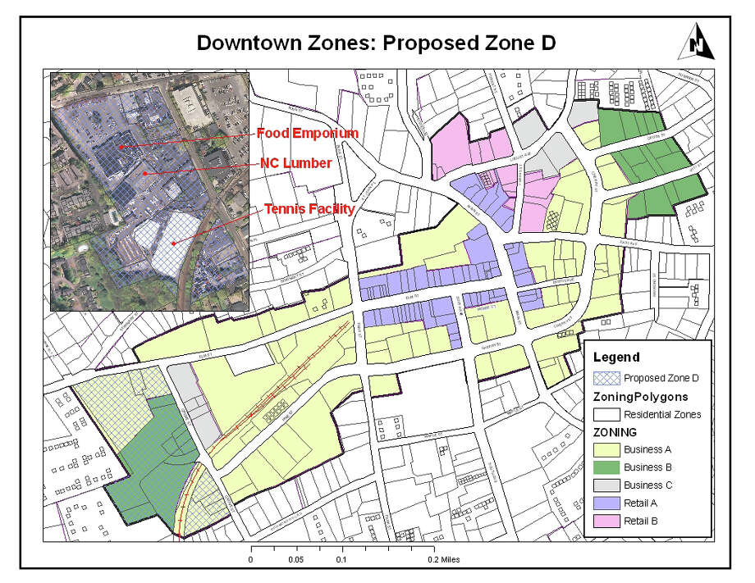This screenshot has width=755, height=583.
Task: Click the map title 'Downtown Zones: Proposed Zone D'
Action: tap(377, 43)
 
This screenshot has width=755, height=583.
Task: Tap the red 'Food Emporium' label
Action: tap(307, 133)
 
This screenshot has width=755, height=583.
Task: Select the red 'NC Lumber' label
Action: tap(295, 163)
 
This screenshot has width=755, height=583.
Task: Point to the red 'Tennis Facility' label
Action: tap(309, 209)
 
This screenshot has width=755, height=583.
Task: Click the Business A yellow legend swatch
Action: tap(606, 449)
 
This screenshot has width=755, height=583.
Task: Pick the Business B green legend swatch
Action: tap(606, 467)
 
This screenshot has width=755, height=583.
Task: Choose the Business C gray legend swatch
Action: tap(606, 485)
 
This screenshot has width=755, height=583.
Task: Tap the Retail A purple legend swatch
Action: tap(606, 503)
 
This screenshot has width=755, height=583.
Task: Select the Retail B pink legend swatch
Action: tap(606, 520)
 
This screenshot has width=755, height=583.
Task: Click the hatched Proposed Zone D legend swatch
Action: tap(606, 378)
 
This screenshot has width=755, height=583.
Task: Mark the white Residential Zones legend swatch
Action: tap(606, 414)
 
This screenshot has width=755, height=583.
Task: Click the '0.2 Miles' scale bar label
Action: tap(444, 559)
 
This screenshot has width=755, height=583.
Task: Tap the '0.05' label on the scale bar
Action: tap(296, 559)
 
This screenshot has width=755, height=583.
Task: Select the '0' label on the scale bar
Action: tap(250, 559)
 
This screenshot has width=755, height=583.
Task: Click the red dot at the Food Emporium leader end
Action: tap(121, 147)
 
